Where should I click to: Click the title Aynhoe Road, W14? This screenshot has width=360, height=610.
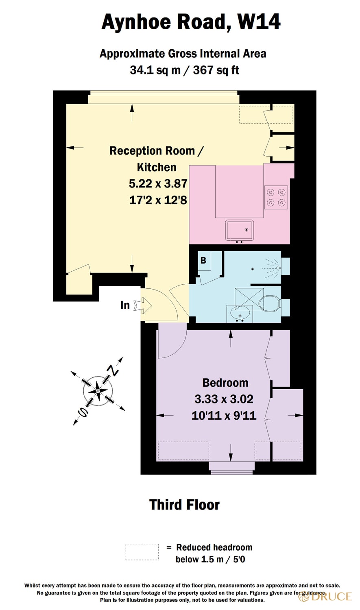click(x=190, y=22)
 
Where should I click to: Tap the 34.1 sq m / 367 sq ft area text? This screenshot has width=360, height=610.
click(x=184, y=70)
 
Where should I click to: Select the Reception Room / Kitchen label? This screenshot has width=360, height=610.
click(x=157, y=159)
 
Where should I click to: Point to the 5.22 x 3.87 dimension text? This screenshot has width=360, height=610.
click(x=158, y=183)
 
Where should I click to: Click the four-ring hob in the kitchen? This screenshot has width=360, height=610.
click(x=276, y=197)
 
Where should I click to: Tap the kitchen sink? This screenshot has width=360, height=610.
click(x=240, y=230)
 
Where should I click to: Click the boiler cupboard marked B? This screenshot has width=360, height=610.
click(x=203, y=260)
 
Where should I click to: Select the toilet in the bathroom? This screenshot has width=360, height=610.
click(x=269, y=303)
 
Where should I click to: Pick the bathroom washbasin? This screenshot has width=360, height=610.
click(x=240, y=314)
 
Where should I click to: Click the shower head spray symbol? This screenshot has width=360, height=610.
click(x=271, y=268)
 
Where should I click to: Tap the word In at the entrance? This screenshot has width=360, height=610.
click(x=125, y=305)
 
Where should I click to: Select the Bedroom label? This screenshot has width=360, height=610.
click(x=225, y=383)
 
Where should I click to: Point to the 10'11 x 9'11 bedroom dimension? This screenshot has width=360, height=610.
click(x=224, y=415)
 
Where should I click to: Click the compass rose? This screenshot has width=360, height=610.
click(x=98, y=391)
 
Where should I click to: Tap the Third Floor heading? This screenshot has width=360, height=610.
click(x=184, y=505)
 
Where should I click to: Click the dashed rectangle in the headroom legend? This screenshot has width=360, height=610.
click(x=142, y=552)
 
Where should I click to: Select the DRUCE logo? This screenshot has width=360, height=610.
click(x=325, y=596)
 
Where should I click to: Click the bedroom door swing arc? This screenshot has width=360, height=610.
click(x=172, y=344)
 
